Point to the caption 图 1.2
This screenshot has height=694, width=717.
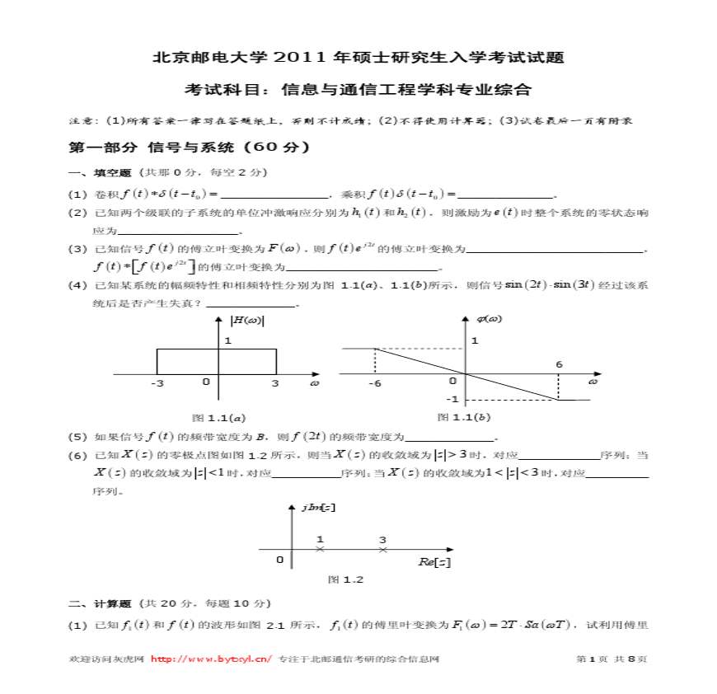click(345, 579)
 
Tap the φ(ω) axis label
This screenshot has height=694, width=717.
click(490, 319)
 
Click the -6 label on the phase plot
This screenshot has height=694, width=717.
click(375, 383)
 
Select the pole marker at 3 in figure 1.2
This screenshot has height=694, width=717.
click(382, 548)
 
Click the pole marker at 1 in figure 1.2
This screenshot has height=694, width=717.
click(320, 548)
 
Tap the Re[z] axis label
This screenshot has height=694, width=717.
click(433, 561)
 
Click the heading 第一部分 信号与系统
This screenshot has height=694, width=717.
click(189, 148)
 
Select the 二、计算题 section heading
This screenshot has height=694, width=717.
click(100, 603)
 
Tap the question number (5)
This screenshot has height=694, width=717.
click(77, 437)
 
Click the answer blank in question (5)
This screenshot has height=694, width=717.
click(452, 438)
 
